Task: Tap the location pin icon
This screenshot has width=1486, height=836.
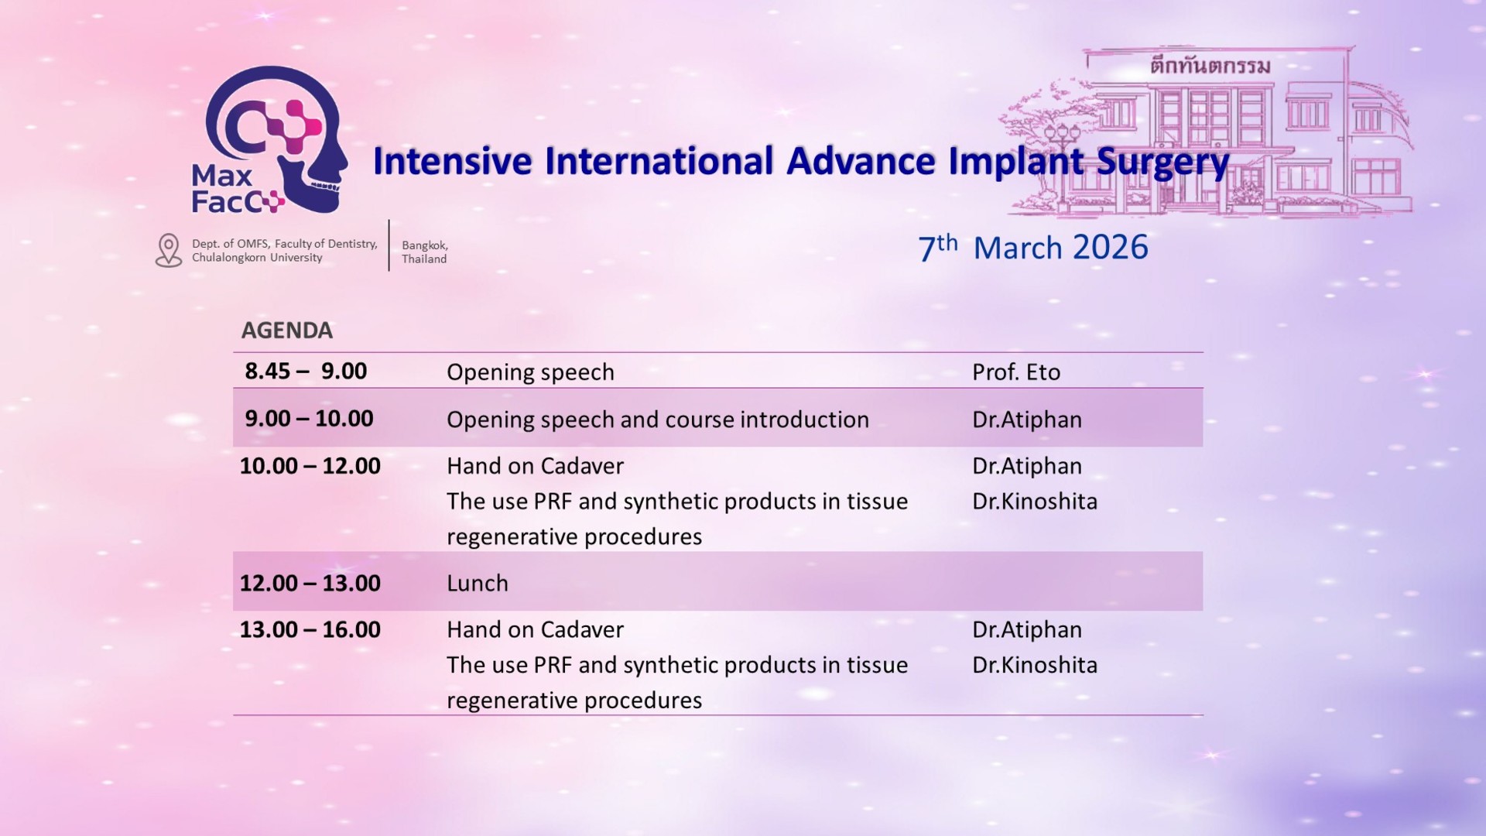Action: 169,251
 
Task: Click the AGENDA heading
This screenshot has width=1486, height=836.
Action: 287,331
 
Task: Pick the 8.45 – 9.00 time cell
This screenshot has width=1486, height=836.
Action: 306,372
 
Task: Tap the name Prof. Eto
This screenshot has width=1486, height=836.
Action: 1016,372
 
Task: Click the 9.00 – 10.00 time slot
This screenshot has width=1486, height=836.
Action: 309,419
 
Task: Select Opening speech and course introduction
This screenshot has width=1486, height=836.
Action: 658,420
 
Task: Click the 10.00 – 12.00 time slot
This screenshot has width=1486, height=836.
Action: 310,466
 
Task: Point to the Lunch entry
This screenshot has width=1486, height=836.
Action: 478,583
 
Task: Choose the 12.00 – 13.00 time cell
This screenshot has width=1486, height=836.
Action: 310,583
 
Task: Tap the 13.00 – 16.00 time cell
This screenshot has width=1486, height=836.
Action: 310,629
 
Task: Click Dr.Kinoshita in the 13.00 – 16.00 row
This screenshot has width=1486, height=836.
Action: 1035,665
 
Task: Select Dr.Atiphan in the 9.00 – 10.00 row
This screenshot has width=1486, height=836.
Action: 1027,420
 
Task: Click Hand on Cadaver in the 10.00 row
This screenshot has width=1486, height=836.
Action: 535,466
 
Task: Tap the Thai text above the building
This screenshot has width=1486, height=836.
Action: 1210,65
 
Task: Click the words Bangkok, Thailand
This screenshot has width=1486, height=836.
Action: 425,252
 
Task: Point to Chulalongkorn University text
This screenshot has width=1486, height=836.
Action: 257,258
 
